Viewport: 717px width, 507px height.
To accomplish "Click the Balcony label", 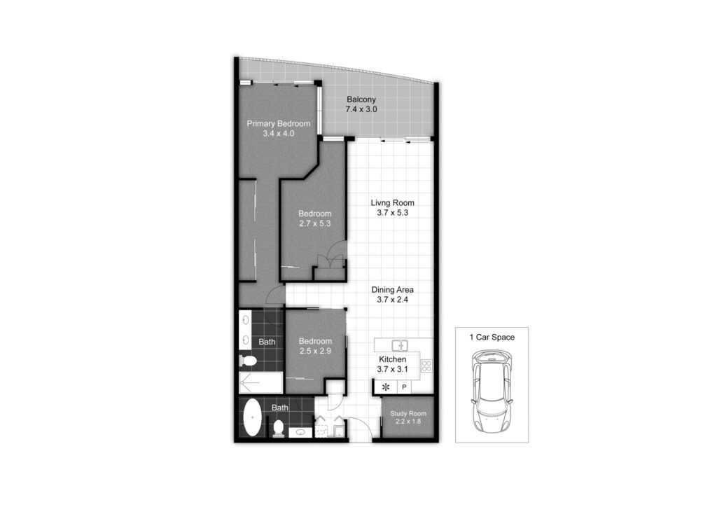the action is point(361,99).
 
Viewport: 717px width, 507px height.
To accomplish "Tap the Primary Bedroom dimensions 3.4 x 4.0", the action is point(279,134).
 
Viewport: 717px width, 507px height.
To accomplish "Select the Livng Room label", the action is point(392,202).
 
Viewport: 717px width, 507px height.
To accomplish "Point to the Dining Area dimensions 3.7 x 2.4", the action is point(392,300).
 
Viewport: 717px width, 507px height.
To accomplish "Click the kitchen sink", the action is point(400,345).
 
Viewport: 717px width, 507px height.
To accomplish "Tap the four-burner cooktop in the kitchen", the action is point(426,366).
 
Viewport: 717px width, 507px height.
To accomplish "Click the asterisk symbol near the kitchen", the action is point(386,387).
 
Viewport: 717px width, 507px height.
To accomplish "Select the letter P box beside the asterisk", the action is point(404,387).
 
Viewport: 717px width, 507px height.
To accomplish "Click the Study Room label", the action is point(408,413).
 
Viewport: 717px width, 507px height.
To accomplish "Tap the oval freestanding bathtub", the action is point(252,418).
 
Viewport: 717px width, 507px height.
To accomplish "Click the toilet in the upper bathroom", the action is point(248,361).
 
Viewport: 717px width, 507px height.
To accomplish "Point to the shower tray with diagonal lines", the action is point(261,382).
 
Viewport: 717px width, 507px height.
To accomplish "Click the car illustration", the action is point(492,392).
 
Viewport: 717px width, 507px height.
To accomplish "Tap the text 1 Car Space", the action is point(492,338).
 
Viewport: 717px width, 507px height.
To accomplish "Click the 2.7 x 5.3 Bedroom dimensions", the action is point(314,223).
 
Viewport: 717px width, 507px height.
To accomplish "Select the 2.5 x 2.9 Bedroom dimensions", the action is point(315,351).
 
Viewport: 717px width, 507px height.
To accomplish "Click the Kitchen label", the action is point(392,359).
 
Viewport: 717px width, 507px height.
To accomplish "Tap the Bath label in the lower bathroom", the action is point(280,408).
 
